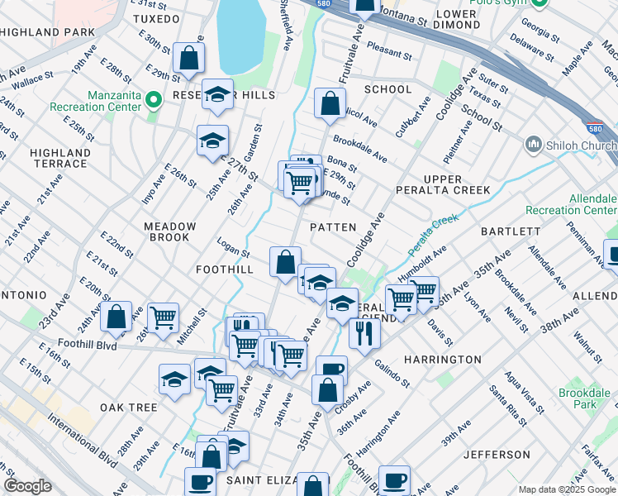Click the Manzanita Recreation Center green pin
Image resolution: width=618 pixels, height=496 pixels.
click(x=153, y=100)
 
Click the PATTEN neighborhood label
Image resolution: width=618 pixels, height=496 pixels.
click(x=333, y=227)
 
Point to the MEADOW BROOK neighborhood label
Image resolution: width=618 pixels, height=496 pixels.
click(x=169, y=231)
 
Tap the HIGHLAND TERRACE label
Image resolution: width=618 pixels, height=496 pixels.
click(x=59, y=158)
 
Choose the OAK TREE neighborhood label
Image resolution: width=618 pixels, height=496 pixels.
click(x=128, y=408)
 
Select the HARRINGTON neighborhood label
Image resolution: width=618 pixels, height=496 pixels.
click(x=442, y=360)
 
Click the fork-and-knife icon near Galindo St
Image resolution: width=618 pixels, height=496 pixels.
click(x=364, y=332)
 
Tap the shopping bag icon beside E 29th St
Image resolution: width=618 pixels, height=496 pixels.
click(x=189, y=59)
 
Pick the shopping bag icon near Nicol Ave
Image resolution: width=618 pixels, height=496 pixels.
click(x=330, y=104)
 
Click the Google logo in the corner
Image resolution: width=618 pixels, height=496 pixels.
click(x=27, y=486)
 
